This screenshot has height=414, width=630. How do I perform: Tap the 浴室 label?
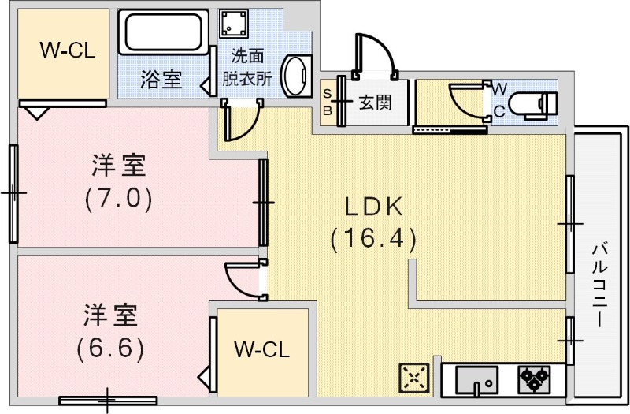[161, 79]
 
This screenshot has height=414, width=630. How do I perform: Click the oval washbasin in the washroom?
[296, 74]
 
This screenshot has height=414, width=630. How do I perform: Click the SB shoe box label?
[327, 101]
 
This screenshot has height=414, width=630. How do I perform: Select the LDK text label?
[373, 207]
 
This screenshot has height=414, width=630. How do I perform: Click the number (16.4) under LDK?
[372, 238]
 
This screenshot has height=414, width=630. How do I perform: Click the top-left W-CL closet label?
[68, 51]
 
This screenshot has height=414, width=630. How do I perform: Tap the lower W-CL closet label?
[262, 349]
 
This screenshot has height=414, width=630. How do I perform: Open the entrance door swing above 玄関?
[373, 55]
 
